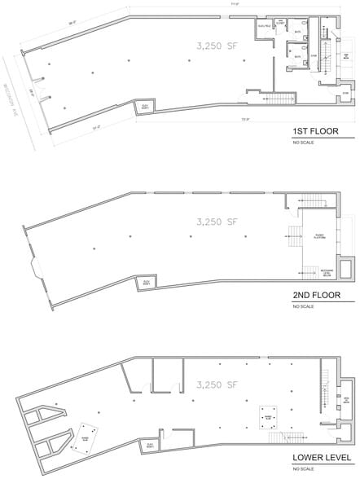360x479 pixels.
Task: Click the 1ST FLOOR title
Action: (314, 131)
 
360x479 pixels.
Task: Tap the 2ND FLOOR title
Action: (315, 296)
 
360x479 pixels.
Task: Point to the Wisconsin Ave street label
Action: (19, 93)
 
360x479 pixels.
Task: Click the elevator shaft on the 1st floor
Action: (147, 108)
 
